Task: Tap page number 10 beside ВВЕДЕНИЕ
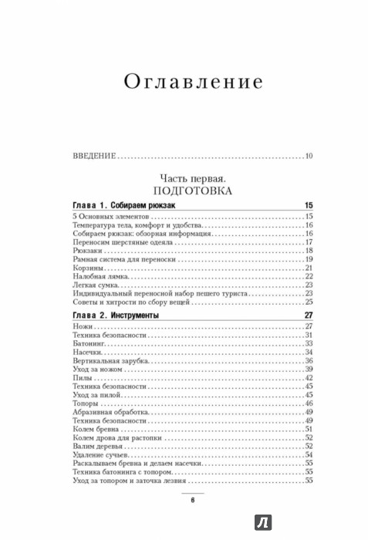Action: (x=307, y=157)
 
